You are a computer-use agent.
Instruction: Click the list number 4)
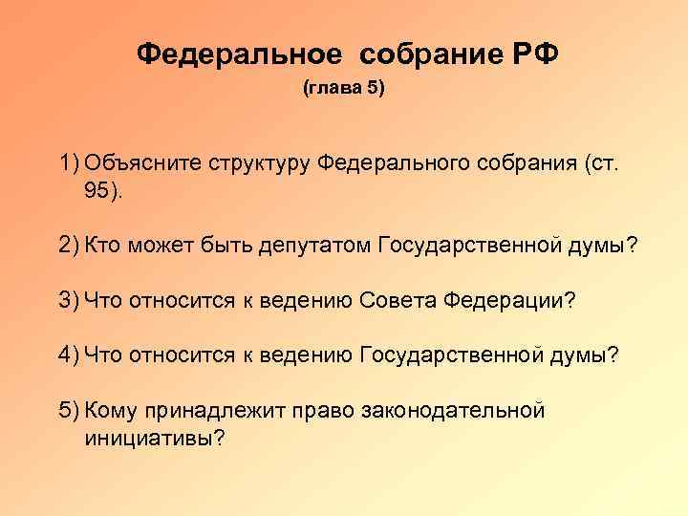click(x=68, y=355)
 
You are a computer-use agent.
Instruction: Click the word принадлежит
click(x=208, y=411)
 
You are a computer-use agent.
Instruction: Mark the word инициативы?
click(x=154, y=438)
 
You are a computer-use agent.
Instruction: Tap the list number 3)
click(x=68, y=301)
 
